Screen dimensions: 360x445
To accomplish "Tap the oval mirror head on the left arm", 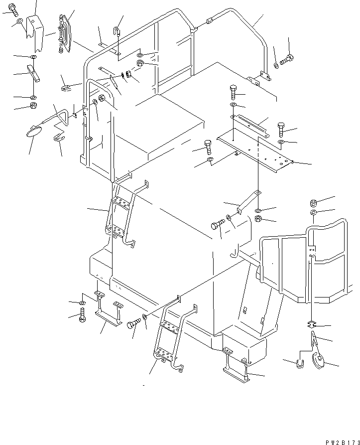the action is [34, 132].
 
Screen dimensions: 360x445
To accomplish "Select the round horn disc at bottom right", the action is [318, 360].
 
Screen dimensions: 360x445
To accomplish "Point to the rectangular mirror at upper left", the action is [65, 33].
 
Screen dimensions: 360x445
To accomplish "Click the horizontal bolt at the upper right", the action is [287, 59].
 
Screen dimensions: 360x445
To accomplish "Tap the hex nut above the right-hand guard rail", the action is [313, 203].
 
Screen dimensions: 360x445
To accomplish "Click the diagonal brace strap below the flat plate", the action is [248, 201].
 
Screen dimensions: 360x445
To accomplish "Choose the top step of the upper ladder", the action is [122, 202].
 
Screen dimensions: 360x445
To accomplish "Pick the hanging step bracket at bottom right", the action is [237, 366].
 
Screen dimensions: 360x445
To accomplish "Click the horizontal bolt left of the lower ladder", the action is [134, 323].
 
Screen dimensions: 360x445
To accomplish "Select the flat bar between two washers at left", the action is [33, 73].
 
